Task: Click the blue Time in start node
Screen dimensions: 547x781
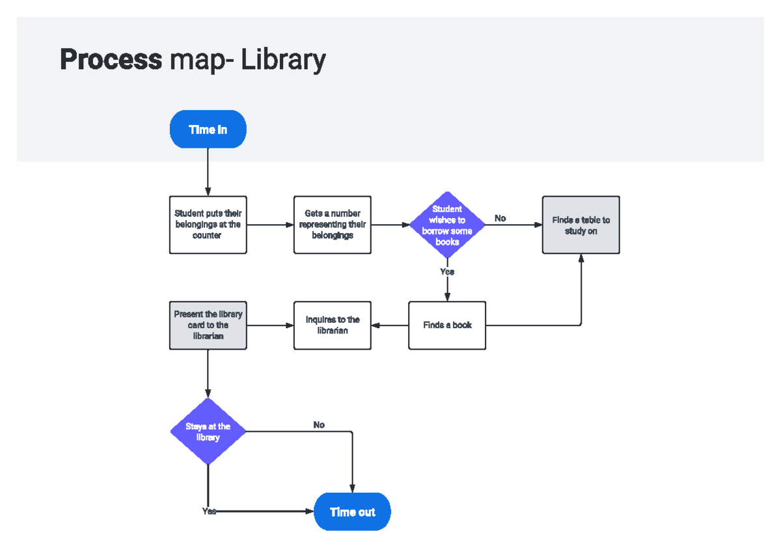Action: tap(208, 130)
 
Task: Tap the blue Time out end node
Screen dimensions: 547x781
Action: tap(352, 512)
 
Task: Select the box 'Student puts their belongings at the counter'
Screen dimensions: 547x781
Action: tap(208, 225)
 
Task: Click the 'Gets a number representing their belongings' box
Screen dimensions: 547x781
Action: tap(332, 225)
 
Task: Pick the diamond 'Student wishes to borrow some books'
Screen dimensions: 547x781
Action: tap(447, 225)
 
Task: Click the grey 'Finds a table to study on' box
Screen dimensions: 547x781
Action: tap(581, 225)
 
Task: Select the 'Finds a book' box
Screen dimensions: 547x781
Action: tap(447, 325)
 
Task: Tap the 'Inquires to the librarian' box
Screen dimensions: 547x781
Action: tap(332, 325)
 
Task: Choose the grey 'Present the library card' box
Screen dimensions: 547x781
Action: tap(208, 325)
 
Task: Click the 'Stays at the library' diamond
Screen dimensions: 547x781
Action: tap(208, 432)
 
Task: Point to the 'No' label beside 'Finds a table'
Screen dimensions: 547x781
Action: tap(500, 218)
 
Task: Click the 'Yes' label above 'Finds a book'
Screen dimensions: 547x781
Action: tap(447, 272)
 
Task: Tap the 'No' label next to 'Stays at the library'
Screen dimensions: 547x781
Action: tap(319, 425)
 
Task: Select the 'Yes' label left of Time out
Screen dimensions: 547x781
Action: tap(209, 511)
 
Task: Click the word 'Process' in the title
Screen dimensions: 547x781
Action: tap(111, 60)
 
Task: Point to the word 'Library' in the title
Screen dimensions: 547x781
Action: tap(283, 60)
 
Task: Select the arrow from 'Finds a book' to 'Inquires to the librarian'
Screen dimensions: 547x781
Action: tap(390, 325)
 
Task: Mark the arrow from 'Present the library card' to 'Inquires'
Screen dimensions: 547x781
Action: tap(270, 325)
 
